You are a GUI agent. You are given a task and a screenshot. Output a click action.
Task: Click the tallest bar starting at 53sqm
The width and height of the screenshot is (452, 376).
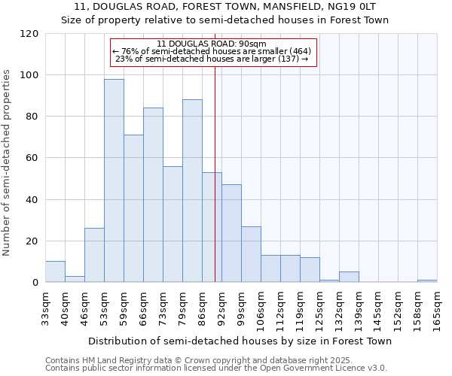pyautogui.click(x=114, y=180)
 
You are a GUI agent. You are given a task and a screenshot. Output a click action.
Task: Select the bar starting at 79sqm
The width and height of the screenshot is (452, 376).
pyautogui.click(x=192, y=191)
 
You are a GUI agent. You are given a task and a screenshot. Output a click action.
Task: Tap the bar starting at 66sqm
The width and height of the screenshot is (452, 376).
pyautogui.click(x=153, y=195)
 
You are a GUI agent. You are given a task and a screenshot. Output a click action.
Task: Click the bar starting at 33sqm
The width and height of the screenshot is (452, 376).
pyautogui.click(x=55, y=271)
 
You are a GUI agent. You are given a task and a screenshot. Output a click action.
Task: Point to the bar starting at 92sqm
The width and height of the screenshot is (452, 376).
pyautogui.click(x=231, y=233)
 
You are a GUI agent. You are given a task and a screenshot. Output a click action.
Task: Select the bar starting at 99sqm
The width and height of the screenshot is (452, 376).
pyautogui.click(x=251, y=254)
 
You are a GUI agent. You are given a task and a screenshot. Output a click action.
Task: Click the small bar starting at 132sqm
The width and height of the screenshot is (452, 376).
pyautogui.click(x=349, y=277)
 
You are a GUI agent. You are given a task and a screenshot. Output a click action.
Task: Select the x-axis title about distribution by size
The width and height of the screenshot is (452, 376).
pyautogui.click(x=240, y=341)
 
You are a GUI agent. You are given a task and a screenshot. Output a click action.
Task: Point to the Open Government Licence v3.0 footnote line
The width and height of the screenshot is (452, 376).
pyautogui.click(x=216, y=368)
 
